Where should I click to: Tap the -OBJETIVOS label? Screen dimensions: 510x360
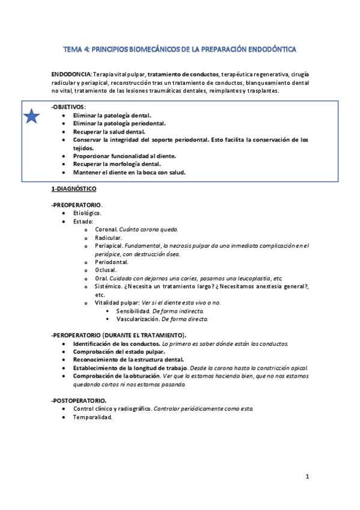pos(68,106)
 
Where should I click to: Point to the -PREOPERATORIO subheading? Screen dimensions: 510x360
pos(76,205)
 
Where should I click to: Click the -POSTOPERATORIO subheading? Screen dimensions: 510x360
pos(79,400)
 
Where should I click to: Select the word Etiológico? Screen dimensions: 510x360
pos(87,213)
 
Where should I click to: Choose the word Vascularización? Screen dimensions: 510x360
pos(137,319)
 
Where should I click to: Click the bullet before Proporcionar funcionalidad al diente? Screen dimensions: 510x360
pos(64,156)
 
